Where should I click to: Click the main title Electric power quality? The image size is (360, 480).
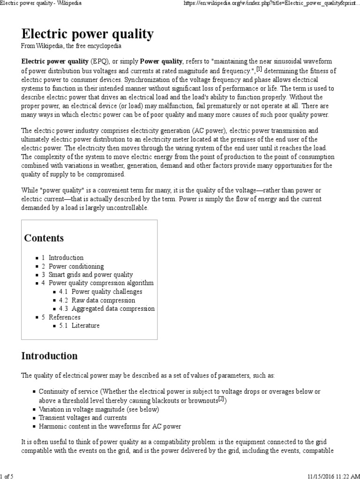click(87, 34)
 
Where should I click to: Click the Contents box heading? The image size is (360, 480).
click(44, 238)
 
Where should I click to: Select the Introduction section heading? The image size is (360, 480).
click(50, 356)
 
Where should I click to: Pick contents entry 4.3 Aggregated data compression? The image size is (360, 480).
click(107, 308)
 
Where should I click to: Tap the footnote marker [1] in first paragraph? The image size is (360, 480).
click(259, 69)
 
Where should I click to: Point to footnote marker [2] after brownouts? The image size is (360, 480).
click(222, 399)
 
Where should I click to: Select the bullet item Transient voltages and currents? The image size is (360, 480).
click(82, 417)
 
